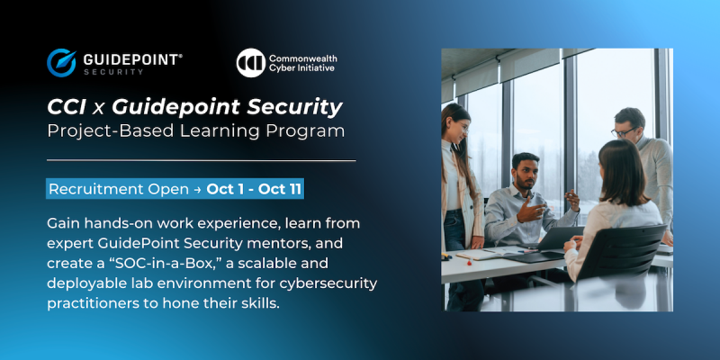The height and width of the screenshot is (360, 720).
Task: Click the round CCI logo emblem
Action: tap(250, 62)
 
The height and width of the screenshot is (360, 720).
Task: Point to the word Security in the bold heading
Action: tap(298, 108)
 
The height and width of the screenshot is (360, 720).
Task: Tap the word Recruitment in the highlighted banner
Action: tap(91, 190)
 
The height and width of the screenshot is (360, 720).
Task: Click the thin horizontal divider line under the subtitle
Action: tap(201, 160)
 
